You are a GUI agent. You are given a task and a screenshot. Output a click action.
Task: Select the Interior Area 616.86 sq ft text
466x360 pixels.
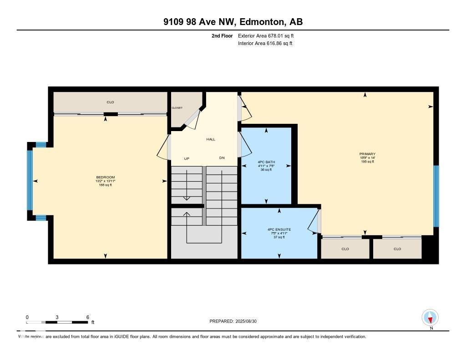click(x=265, y=44)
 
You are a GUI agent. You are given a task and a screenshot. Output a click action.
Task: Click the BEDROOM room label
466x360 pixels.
click(x=105, y=177)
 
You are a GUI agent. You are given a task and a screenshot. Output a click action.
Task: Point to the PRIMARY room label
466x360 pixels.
click(x=367, y=154)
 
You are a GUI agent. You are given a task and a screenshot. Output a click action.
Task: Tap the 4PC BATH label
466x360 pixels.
click(x=266, y=162)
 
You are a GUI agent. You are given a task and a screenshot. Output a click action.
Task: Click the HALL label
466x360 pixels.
click(x=210, y=139)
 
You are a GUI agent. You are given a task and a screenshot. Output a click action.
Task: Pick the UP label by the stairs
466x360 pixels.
click(x=187, y=158)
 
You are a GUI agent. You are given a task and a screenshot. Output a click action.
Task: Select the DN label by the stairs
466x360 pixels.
click(x=222, y=158)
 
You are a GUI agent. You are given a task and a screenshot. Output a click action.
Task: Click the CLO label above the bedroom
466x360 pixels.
click(x=110, y=102)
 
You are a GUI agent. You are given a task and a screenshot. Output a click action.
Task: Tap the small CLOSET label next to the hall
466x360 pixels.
click(x=177, y=108)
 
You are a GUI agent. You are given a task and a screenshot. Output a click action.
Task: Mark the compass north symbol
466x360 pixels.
click(x=430, y=317)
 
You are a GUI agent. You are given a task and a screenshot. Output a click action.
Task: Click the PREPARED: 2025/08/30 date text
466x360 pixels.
click(x=236, y=321)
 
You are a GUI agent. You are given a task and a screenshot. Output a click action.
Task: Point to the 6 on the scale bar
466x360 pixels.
click(x=87, y=317)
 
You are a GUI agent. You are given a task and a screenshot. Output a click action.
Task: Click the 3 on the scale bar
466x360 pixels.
click(x=57, y=317)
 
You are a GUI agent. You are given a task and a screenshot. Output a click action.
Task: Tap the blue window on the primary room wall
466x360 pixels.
click(x=436, y=196)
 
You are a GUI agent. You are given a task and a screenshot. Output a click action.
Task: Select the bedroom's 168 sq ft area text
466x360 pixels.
click(x=105, y=185)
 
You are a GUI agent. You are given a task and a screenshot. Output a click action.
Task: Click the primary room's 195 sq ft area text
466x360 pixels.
click(x=367, y=162)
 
